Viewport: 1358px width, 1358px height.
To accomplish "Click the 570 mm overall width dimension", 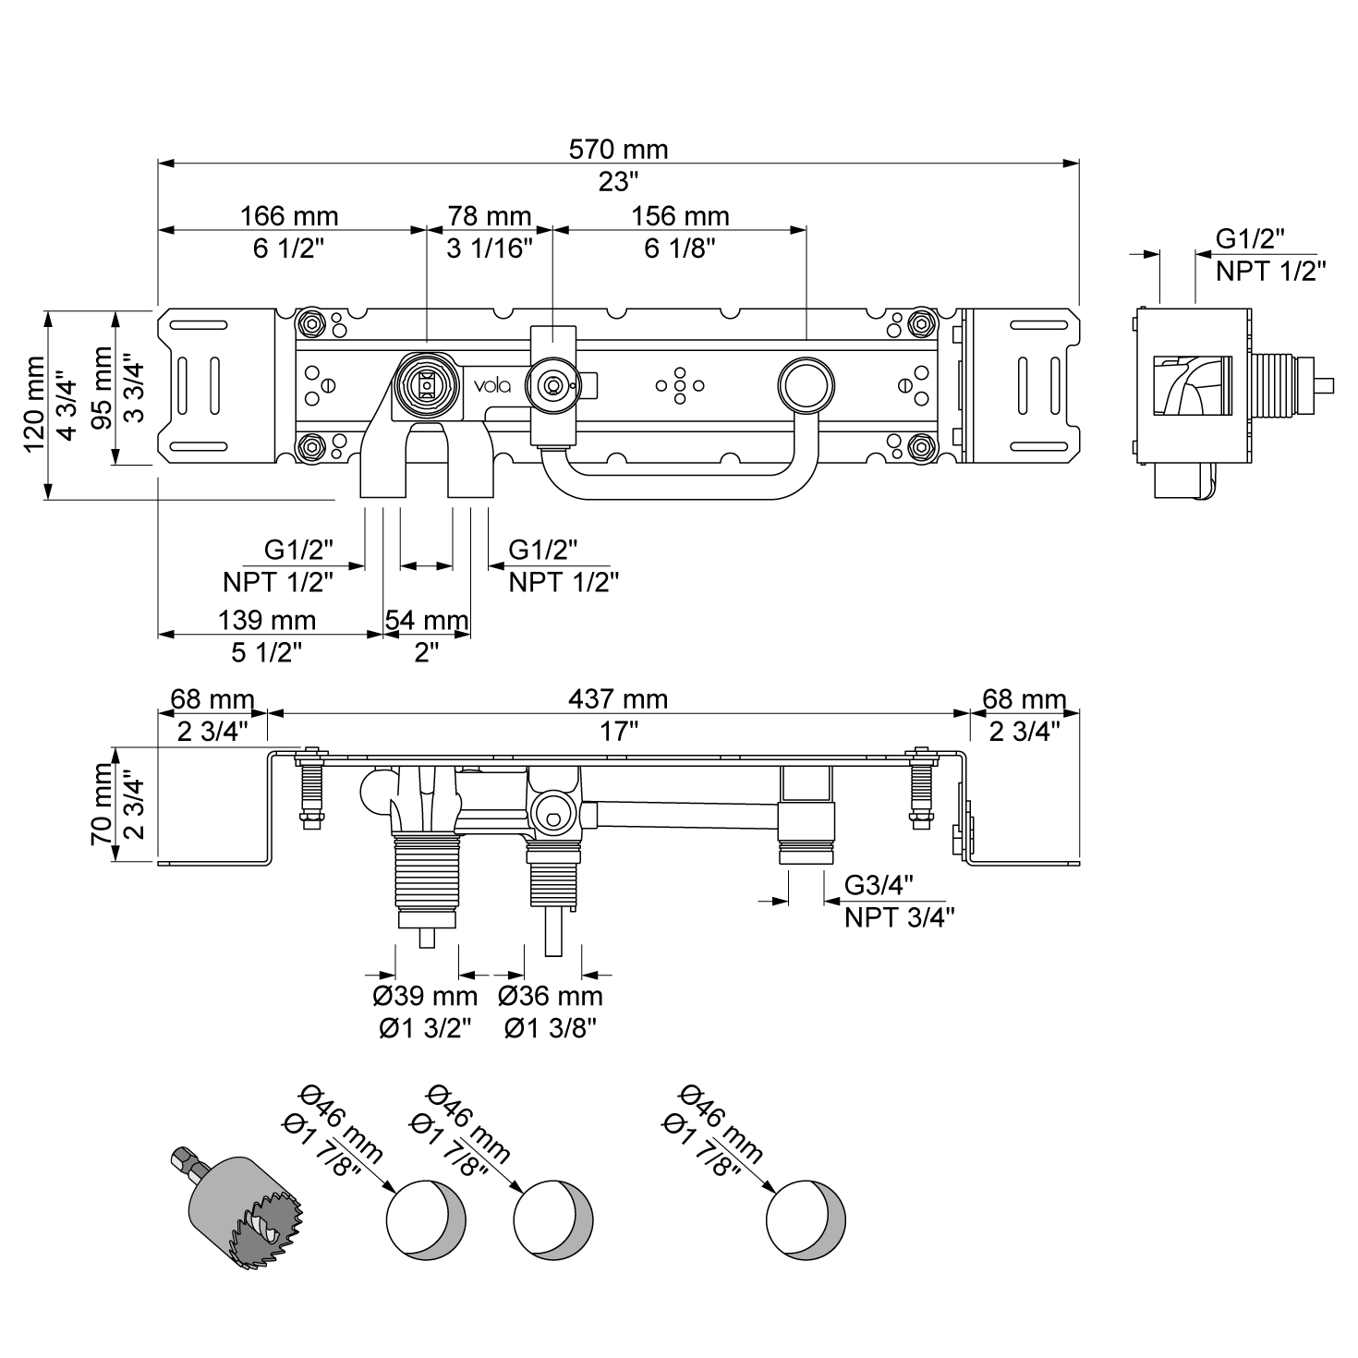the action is click(x=618, y=150).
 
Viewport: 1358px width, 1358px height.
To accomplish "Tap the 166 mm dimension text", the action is click(x=289, y=215).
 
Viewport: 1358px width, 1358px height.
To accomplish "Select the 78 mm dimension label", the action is click(x=489, y=215).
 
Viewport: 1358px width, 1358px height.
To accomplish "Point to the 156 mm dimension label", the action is click(x=679, y=215).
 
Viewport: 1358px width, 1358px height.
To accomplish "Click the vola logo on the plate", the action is click(x=492, y=385).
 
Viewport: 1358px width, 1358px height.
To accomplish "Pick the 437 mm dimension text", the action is click(x=618, y=699).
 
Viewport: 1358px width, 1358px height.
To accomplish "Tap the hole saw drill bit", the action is click(x=236, y=1209).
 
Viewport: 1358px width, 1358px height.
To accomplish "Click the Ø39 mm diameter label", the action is click(x=425, y=996).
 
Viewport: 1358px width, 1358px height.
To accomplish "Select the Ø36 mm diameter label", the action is click(x=551, y=996).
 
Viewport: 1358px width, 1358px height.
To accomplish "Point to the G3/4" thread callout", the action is click(x=879, y=886).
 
